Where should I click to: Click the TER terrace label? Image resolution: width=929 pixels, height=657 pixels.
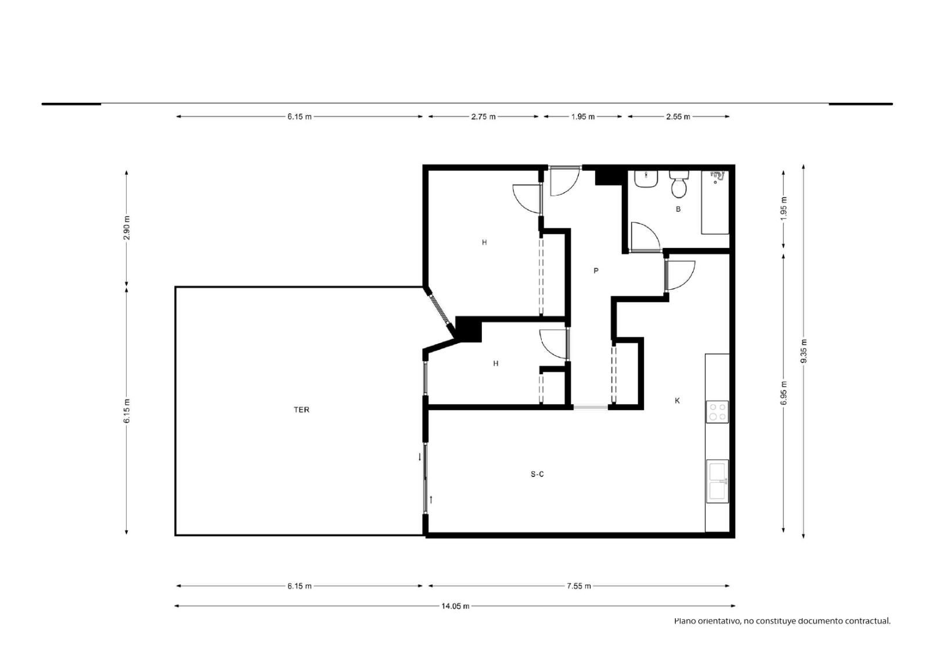pyautogui.click(x=301, y=410)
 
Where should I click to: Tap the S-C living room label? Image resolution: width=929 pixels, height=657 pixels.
pyautogui.click(x=537, y=474)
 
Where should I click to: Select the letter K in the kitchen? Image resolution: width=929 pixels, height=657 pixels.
pyautogui.click(x=677, y=400)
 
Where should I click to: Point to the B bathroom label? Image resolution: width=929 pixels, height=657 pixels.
pyautogui.click(x=678, y=209)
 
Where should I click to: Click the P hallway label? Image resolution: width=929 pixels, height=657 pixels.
pyautogui.click(x=596, y=271)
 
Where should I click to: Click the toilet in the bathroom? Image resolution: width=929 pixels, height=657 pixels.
pyautogui.click(x=679, y=184)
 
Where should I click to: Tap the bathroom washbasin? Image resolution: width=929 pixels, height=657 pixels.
pyautogui.click(x=646, y=179)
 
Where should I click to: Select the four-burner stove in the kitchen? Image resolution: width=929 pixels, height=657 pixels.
pyautogui.click(x=717, y=412)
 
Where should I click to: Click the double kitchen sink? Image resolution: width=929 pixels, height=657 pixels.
pyautogui.click(x=717, y=481)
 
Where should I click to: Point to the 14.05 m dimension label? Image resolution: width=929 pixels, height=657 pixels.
pyautogui.click(x=455, y=606)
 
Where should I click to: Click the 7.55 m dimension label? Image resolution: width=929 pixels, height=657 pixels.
pyautogui.click(x=578, y=586)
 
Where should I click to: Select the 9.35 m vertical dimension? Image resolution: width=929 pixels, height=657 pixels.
pyautogui.click(x=804, y=351)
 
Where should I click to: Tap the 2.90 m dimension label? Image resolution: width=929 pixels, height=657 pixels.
pyautogui.click(x=127, y=228)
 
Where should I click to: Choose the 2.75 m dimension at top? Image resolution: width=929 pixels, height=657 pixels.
pyautogui.click(x=483, y=117)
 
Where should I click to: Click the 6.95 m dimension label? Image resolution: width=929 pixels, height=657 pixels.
pyautogui.click(x=783, y=393)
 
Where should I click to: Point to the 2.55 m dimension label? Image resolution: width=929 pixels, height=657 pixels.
pyautogui.click(x=678, y=117)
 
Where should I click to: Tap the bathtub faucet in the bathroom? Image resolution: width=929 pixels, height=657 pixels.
pyautogui.click(x=718, y=176)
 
